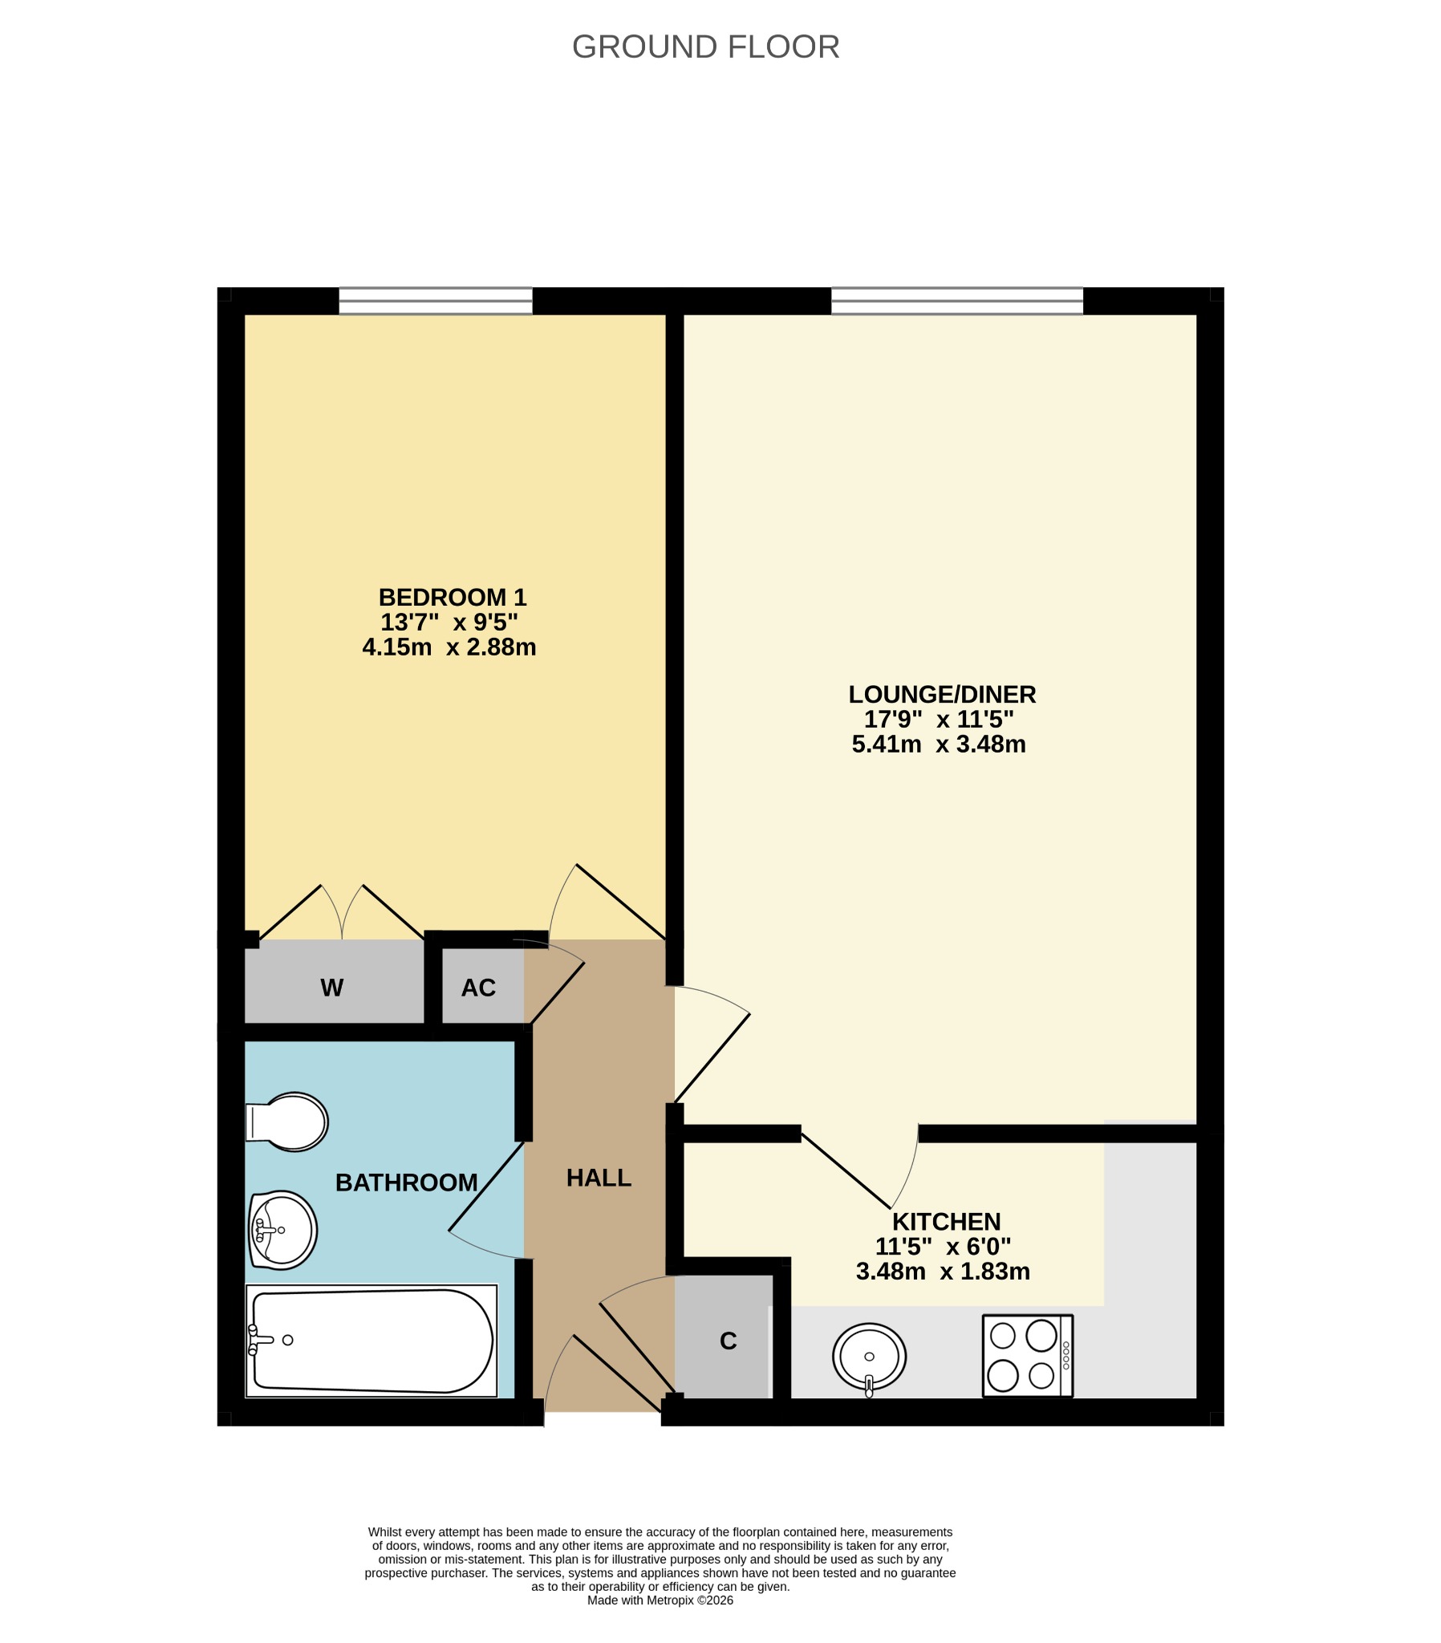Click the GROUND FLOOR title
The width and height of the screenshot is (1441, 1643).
[x=705, y=47]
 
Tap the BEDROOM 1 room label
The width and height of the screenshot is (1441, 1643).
[x=452, y=596]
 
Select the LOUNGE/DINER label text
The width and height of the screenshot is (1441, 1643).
[x=942, y=693]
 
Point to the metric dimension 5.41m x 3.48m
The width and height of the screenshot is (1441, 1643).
[x=939, y=744]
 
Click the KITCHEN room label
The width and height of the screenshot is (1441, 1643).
[x=946, y=1221]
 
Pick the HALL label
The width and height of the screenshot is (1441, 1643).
[x=599, y=1178]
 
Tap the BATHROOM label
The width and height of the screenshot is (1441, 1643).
[x=406, y=1183]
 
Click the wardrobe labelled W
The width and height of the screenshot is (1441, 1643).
[x=332, y=988]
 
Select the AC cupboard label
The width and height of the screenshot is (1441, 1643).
[x=478, y=988]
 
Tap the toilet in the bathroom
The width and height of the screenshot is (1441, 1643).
[x=286, y=1122]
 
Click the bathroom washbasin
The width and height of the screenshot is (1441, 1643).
[x=282, y=1230]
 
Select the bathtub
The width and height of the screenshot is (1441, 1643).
[x=371, y=1341]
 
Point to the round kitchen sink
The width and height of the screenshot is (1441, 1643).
[x=868, y=1357]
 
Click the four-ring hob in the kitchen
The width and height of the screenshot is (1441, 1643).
[x=1028, y=1355]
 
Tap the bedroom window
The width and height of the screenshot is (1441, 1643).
[x=435, y=301]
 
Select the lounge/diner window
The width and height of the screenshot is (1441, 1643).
[x=957, y=301]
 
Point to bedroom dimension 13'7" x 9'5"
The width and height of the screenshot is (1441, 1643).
[x=449, y=622]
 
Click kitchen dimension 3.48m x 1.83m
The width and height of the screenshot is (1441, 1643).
[x=943, y=1271]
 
